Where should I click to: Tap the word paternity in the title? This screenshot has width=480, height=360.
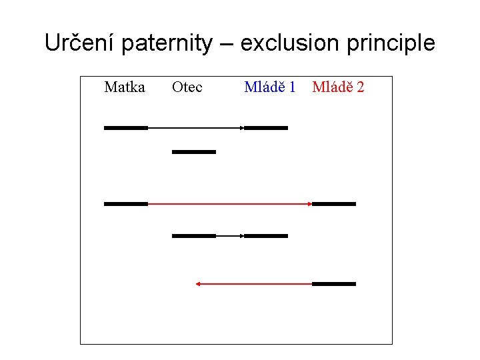coord(169,43)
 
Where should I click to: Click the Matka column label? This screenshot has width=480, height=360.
coord(125,87)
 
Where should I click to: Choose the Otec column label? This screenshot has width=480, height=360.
coord(187,87)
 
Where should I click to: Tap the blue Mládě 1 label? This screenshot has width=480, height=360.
coord(270,87)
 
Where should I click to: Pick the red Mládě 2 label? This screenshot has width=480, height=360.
coord(338,87)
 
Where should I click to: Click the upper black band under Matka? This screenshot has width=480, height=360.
coord(126,127)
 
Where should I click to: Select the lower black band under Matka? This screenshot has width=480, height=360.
coord(126,204)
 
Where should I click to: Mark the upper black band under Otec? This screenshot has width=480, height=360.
coord(194,152)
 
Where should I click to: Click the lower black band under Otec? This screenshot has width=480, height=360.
coord(194,236)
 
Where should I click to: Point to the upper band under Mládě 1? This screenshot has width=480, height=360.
coord(266,127)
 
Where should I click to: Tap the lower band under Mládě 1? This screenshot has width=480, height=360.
coord(266,236)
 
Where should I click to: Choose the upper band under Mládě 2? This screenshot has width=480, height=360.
coord(334,204)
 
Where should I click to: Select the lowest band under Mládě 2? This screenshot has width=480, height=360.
coord(334,284)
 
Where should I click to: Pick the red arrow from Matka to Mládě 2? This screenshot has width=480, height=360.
coord(230,204)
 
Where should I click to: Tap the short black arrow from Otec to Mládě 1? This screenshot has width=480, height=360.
coord(230,236)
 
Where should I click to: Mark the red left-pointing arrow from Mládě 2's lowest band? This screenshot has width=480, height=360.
coord(253,284)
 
